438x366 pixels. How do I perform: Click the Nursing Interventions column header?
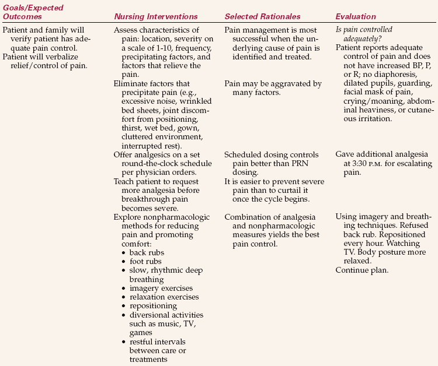click(156, 17)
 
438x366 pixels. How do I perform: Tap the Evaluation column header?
click(356, 17)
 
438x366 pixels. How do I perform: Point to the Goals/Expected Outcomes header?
click(33, 12)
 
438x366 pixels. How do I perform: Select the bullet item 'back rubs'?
click(147, 252)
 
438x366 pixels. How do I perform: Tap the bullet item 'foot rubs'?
click(146, 261)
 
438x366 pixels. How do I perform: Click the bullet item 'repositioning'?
click(153, 306)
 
